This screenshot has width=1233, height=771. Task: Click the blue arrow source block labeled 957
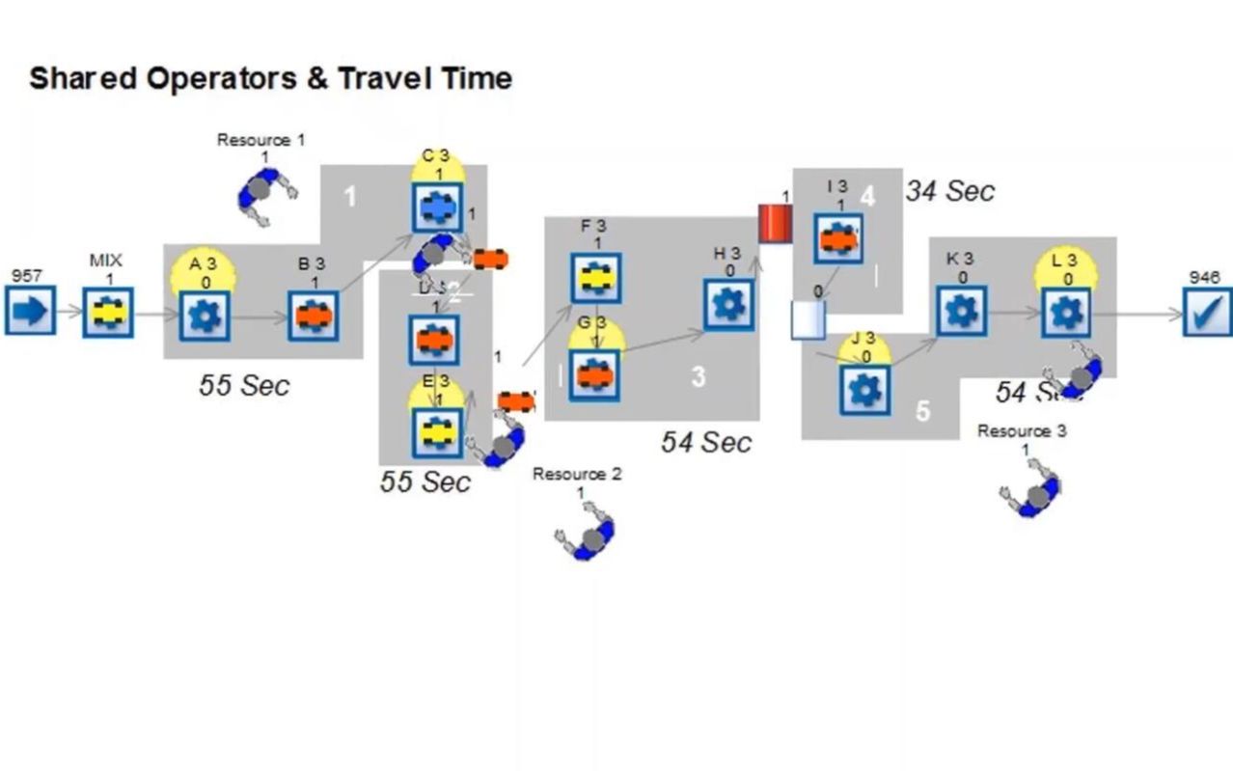pos(30,311)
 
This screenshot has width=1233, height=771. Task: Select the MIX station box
pos(107,312)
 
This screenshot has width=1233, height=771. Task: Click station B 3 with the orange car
pos(313,316)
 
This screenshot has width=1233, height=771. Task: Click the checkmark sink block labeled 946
pos(1208,311)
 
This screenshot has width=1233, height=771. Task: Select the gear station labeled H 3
pos(728,304)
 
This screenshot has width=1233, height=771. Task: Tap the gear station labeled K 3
pos(962,311)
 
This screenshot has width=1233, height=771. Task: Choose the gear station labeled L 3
pos(1066,313)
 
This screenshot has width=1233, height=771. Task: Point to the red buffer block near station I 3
pos(774,223)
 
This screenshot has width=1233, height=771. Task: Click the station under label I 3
pos(838,239)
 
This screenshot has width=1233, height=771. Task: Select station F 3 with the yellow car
pos(595,278)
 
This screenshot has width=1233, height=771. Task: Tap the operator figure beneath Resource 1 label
pos(264,196)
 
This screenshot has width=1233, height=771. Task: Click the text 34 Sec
pos(949,191)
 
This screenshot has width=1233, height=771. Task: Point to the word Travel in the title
pos(384,78)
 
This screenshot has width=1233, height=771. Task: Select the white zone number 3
pos(699,377)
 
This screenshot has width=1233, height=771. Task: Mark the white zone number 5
pos(922,411)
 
